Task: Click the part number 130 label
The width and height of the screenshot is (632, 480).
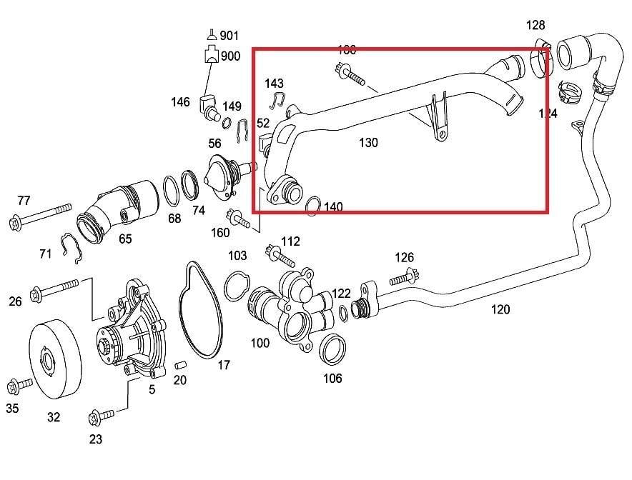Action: coord(368,143)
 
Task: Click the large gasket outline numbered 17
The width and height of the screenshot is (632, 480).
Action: coord(191,315)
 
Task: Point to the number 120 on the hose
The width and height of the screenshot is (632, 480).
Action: coord(500,309)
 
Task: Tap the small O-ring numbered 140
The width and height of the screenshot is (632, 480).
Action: coord(312,207)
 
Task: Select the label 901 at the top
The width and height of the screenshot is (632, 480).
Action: coord(229,35)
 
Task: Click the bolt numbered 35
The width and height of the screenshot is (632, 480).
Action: coord(13,388)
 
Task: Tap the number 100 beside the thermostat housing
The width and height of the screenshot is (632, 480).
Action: coord(260,343)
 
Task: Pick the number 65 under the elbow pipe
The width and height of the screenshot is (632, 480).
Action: coord(125,239)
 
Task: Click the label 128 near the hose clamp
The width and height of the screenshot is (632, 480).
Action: coord(535,26)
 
